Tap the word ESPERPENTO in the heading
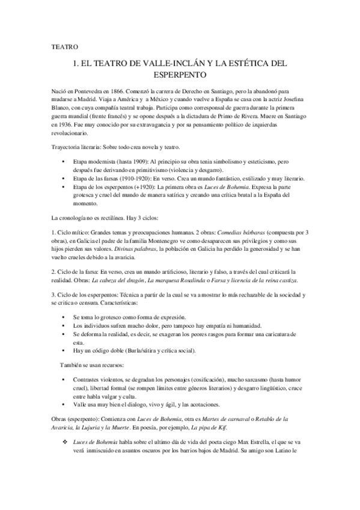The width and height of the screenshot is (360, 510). tap(180, 75)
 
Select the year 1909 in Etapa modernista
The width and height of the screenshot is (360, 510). tap(130, 163)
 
